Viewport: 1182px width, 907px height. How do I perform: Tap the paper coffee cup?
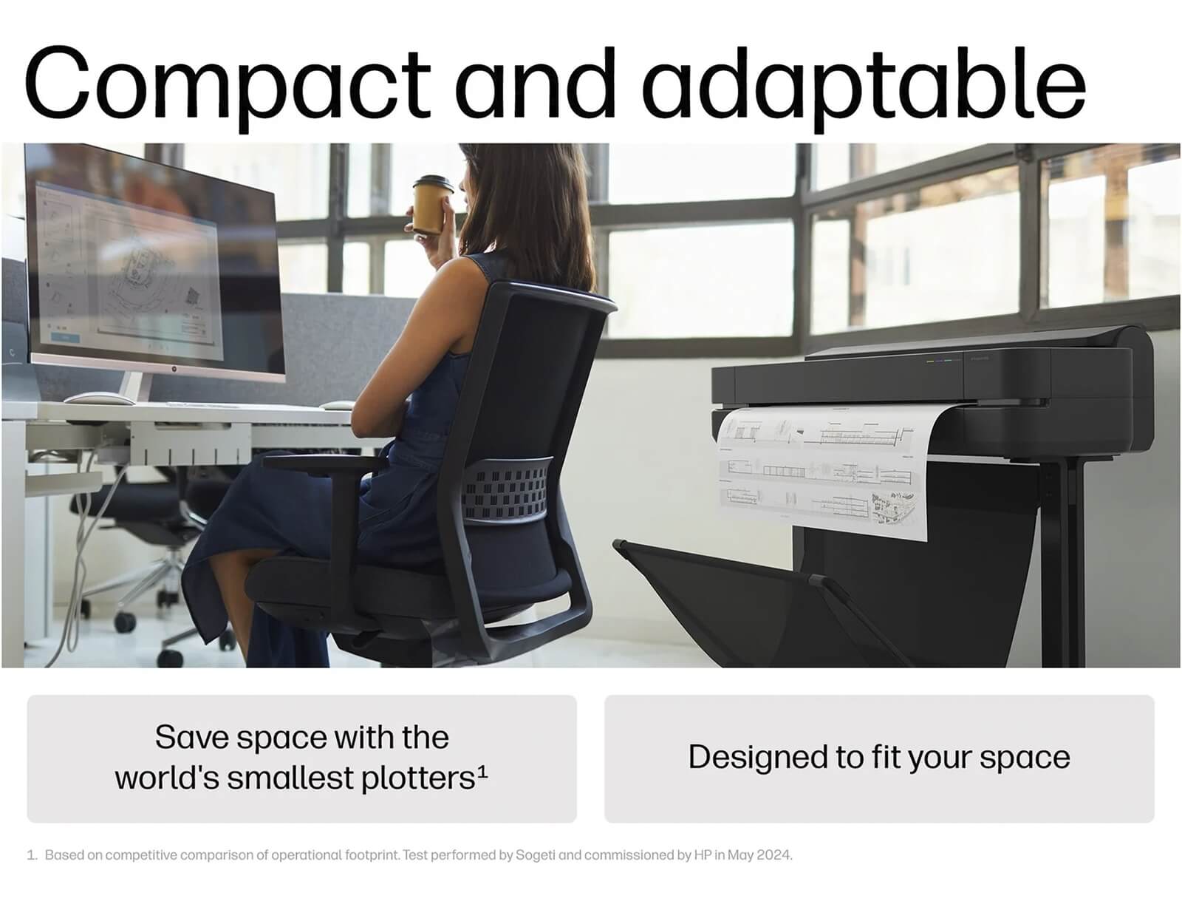[x=431, y=204]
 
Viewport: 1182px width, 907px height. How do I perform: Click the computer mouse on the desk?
[x=98, y=398]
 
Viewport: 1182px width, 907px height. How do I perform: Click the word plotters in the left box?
[x=417, y=778]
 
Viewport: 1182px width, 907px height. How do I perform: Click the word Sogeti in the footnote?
[x=536, y=855]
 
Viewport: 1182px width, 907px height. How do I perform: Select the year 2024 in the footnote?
[x=775, y=855]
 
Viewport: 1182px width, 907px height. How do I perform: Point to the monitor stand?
[x=132, y=387]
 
